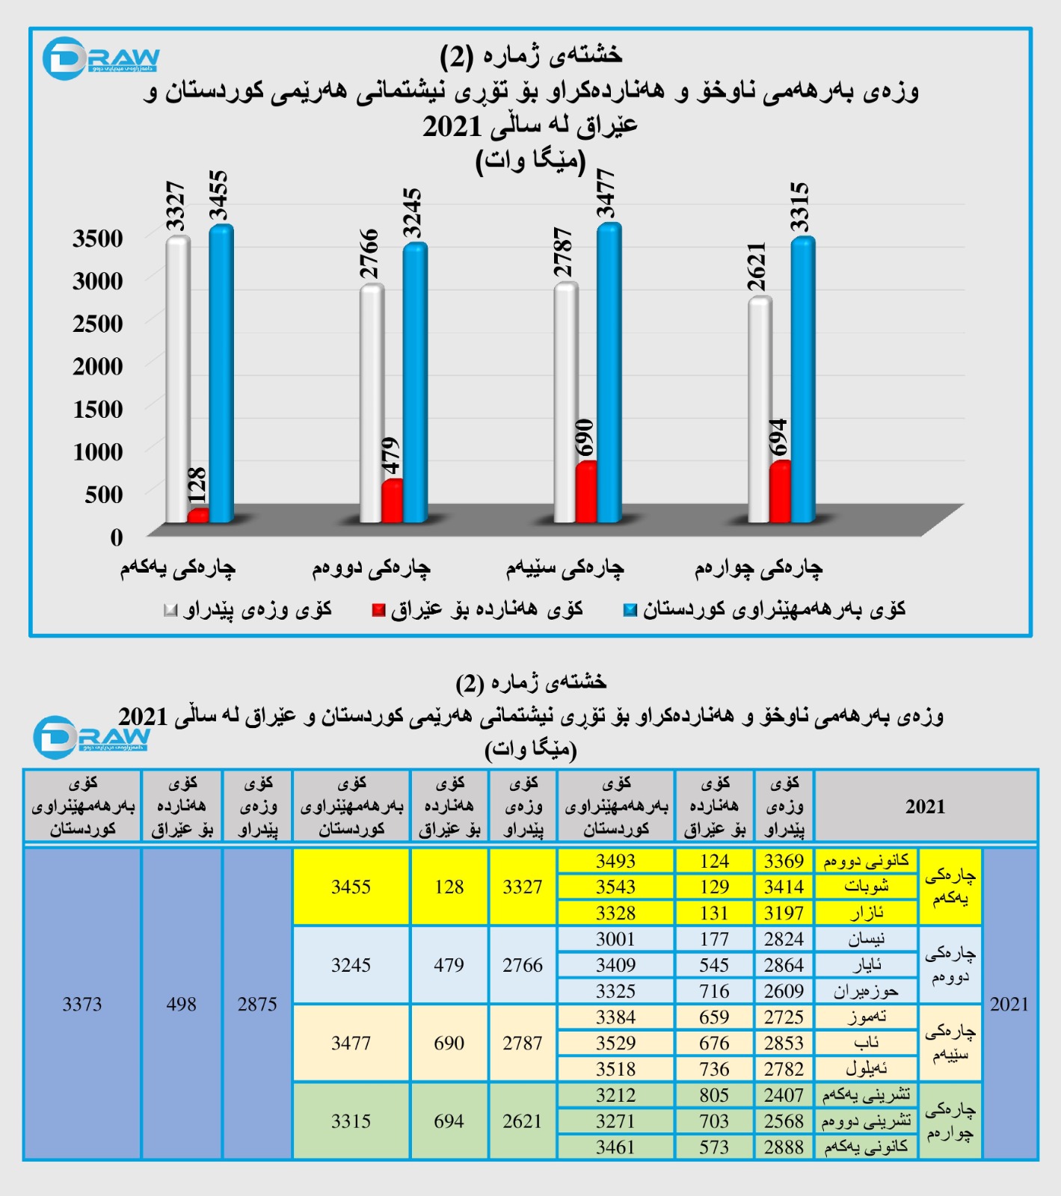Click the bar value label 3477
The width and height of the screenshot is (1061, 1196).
[x=605, y=194]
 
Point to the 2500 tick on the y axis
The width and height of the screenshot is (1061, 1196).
[x=98, y=324]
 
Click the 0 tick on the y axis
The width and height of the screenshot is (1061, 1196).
[x=117, y=537]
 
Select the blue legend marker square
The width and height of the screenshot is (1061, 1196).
[x=630, y=611]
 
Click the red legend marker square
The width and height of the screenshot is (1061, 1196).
[x=378, y=611]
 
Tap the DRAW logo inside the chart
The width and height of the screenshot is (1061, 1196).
[x=100, y=58]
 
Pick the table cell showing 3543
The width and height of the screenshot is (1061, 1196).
[x=615, y=887]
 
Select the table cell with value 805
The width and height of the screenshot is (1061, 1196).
[x=714, y=1095]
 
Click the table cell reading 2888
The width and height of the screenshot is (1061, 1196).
[x=784, y=1147]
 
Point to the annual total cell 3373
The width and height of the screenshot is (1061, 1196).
[x=82, y=1004]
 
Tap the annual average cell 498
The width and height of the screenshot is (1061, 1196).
[x=182, y=1004]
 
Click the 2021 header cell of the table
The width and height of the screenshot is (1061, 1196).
[x=925, y=807]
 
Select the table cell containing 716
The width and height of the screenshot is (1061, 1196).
[x=714, y=991]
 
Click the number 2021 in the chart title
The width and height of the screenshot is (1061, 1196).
[x=452, y=126]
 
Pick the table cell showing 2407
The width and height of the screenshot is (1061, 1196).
[x=784, y=1095]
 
